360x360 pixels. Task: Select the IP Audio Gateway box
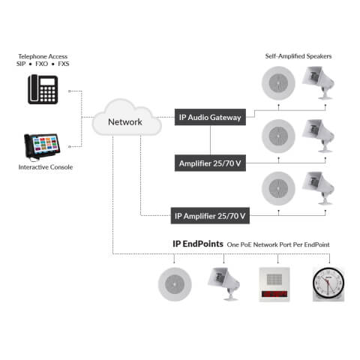pyautogui.click(x=210, y=117)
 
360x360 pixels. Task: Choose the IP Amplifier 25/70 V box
pyautogui.click(x=210, y=216)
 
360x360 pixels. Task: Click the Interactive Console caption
pyautogui.click(x=46, y=167)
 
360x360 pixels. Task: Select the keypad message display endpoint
pyautogui.click(x=274, y=285)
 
